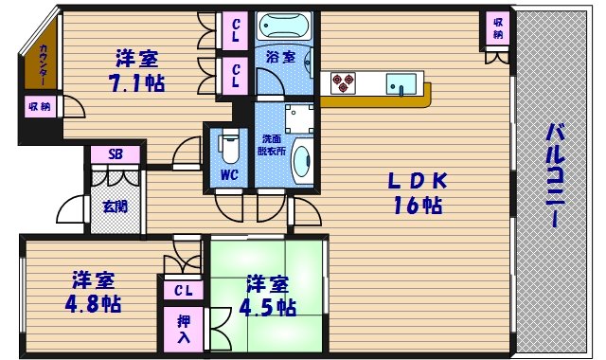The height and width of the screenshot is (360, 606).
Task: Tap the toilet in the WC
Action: (229, 148)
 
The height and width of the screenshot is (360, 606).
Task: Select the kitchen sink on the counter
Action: (399, 83)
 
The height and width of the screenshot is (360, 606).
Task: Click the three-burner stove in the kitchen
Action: (343, 83)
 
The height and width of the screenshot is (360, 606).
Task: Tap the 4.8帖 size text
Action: (92, 304)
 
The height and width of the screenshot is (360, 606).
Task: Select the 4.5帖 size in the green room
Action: (268, 307)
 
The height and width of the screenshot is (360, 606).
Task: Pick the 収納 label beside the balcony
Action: (498, 29)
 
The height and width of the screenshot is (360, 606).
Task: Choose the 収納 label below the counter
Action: (39, 107)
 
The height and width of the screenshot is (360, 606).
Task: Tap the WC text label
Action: (229, 175)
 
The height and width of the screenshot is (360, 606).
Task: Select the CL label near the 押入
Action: (183, 290)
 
